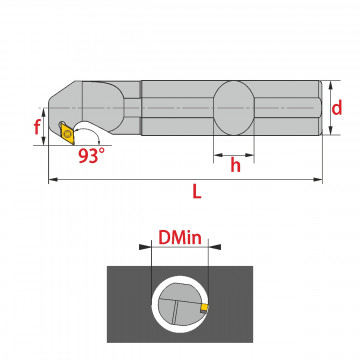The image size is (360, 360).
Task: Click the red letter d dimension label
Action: (x=337, y=108)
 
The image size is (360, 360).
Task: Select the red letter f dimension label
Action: (x=37, y=127)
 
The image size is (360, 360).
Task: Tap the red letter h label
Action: (x=235, y=164)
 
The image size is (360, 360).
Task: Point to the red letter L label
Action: (x=197, y=191)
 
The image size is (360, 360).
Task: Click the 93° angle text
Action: (x=92, y=156)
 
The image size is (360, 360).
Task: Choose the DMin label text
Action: (x=180, y=238)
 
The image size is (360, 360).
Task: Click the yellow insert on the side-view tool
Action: (x=68, y=133)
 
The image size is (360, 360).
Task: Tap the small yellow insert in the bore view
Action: (x=204, y=309)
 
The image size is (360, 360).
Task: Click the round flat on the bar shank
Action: (x=234, y=108)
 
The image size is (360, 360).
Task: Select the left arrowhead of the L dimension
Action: (x=53, y=180)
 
